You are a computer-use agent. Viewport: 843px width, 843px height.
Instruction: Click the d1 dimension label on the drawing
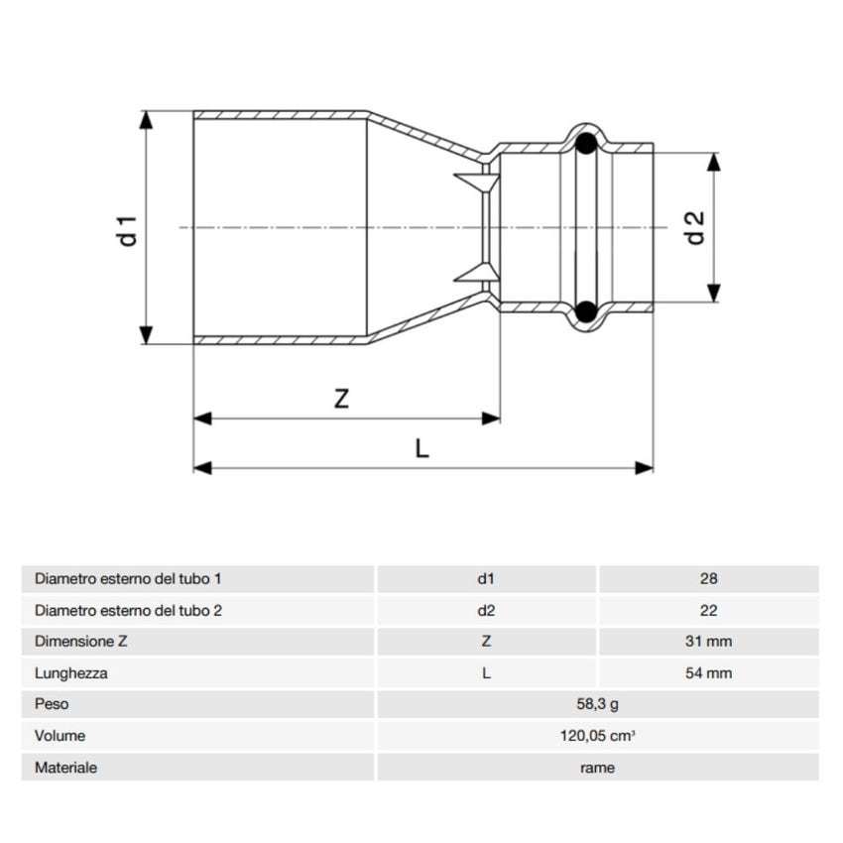point(126,228)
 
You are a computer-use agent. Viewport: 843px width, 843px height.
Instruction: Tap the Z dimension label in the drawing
point(341,399)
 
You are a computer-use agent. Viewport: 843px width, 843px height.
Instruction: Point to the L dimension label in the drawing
point(421,448)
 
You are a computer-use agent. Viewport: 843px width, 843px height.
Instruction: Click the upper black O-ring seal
point(587,144)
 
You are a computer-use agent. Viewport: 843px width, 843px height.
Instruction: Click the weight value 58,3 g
point(597,705)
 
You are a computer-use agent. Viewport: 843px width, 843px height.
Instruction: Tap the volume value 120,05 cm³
point(597,737)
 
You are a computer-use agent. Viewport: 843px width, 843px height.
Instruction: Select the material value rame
point(597,768)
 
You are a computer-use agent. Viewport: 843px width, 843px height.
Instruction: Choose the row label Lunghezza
point(70,673)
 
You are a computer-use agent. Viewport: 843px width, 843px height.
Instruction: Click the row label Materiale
point(65,768)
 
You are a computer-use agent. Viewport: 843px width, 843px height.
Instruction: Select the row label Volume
point(60,737)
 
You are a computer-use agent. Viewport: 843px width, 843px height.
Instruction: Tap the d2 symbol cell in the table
point(486,610)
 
